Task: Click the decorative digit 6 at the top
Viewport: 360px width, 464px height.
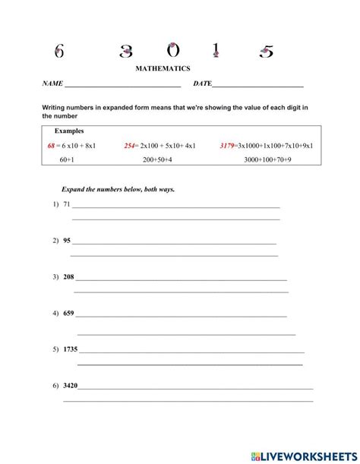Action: coord(59,51)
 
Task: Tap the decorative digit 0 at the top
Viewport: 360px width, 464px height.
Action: coord(173,51)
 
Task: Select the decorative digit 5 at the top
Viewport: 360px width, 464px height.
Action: coord(267,52)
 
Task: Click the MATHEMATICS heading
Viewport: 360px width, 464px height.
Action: coord(163,68)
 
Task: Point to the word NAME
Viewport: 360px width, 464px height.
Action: coord(52,83)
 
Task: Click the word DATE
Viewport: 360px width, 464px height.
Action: coord(202,83)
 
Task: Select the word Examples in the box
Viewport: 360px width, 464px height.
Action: coord(69,131)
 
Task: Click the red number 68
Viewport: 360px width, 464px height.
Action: coord(52,145)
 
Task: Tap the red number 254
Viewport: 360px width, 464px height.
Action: coord(129,145)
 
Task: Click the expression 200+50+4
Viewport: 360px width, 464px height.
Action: coord(157,160)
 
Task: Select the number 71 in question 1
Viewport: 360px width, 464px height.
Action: coord(67,205)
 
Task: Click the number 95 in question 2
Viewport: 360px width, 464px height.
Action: coord(67,241)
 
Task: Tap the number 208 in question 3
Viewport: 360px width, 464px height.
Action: coord(69,277)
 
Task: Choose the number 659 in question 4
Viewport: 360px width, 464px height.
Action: coord(69,313)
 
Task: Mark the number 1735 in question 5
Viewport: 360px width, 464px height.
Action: coord(71,349)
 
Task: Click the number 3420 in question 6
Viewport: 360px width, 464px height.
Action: coord(71,386)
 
